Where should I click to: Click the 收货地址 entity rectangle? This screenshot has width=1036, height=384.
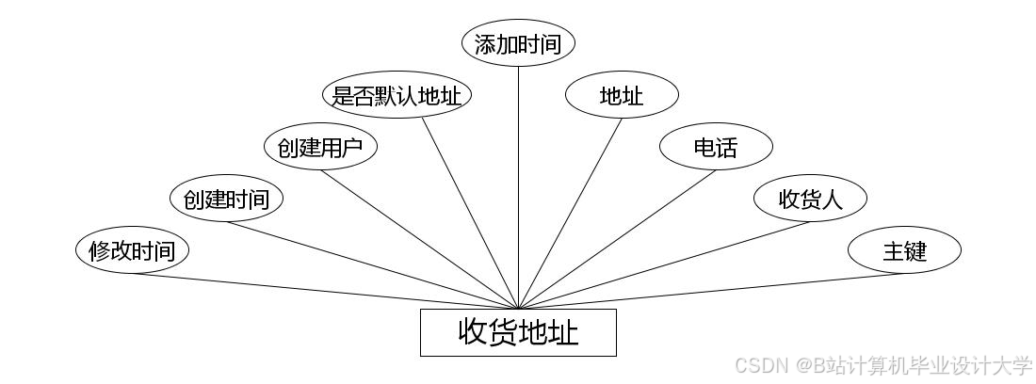[x=518, y=332]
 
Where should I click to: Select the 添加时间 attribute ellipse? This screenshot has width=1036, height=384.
[x=518, y=44]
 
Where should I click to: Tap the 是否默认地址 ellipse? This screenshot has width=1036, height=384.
[x=397, y=95]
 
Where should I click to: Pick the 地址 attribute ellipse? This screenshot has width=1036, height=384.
[x=622, y=95]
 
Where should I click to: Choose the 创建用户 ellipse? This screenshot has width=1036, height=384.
[x=320, y=147]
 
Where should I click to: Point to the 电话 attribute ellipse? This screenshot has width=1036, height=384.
[x=716, y=147]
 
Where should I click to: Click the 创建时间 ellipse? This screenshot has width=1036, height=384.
[x=226, y=199]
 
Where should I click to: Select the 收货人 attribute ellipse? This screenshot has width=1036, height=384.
[x=810, y=199]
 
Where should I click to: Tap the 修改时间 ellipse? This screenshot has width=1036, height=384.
[x=132, y=251]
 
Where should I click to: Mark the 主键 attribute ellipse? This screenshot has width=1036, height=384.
[x=904, y=251]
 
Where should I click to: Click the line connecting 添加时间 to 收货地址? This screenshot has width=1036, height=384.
[x=518, y=188]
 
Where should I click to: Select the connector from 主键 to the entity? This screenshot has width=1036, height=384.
[x=711, y=291]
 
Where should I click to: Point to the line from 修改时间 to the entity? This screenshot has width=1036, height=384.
[x=325, y=291]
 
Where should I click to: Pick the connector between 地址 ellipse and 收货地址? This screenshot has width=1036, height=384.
[x=570, y=214]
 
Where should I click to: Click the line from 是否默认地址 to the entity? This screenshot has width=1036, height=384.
[x=469, y=214]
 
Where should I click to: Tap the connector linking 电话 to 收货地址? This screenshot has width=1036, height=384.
[x=617, y=239]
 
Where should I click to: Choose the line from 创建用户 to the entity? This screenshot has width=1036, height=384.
[x=419, y=239]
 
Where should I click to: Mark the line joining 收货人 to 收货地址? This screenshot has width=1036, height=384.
[x=664, y=265]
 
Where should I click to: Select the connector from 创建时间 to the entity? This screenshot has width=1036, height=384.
[x=372, y=265]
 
